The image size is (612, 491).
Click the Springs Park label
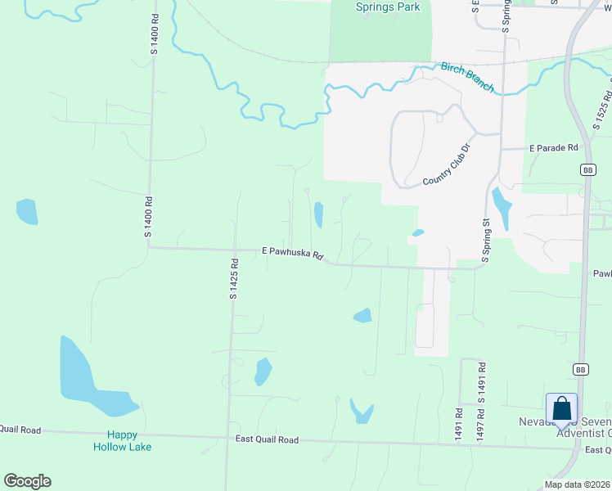coord(388,7)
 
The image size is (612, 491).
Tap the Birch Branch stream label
coord(467,77)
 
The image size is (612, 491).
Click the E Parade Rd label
coord(553,148)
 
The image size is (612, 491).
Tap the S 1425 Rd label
coord(233,279)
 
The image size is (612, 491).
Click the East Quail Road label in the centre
coord(267,439)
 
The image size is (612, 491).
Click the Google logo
coord(27,481)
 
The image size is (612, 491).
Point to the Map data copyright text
coord(577,484)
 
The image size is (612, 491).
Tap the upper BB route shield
coord(587,169)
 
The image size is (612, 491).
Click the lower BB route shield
coord(580,369)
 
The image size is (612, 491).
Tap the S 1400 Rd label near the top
coord(153,35)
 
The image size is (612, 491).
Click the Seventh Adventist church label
coord(565,428)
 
